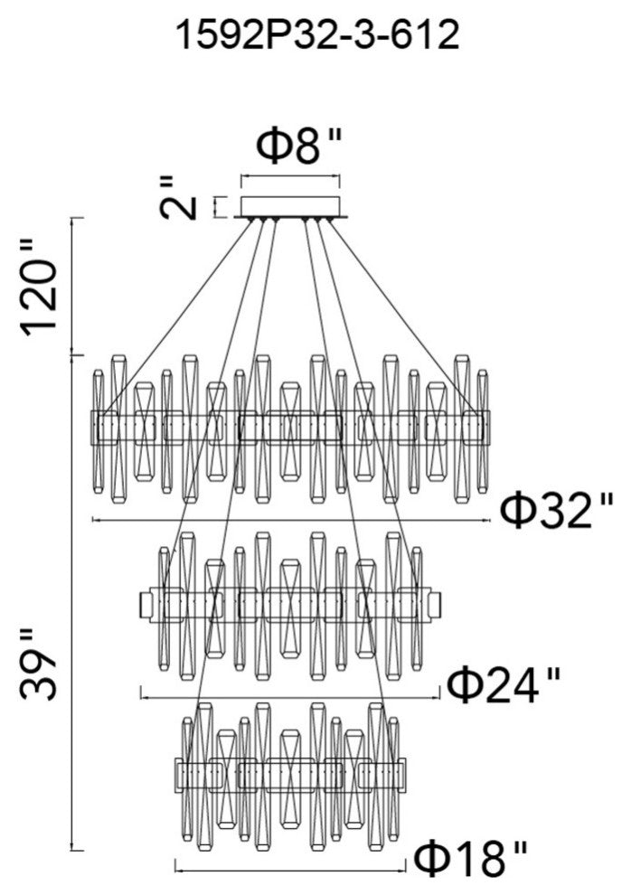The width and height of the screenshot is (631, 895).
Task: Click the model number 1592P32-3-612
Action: click(x=315, y=36)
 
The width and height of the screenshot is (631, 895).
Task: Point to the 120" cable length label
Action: click(x=42, y=286)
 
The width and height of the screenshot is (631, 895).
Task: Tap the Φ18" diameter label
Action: click(x=469, y=853)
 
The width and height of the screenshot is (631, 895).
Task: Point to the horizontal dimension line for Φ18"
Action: click(x=289, y=869)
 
